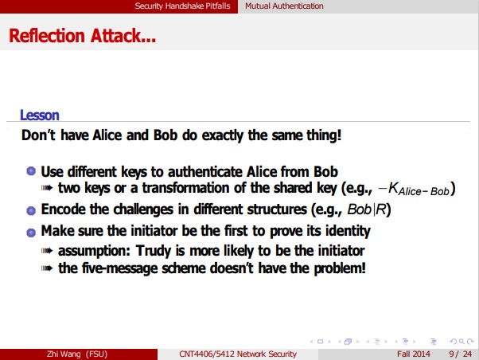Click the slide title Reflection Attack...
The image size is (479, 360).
[x=83, y=36]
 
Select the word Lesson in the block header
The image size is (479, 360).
[x=39, y=115]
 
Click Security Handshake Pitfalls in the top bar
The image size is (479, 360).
[x=184, y=6]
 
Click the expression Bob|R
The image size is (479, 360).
[x=368, y=210]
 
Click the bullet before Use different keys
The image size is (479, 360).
[x=31, y=171]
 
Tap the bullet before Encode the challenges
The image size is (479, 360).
[x=31, y=211]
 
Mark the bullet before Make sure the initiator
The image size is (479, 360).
[x=31, y=232]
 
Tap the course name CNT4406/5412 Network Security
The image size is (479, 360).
[x=239, y=354]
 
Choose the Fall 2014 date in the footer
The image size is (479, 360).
[x=414, y=354]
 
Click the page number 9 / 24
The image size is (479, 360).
[x=459, y=354]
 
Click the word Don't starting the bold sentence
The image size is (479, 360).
[x=37, y=135]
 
